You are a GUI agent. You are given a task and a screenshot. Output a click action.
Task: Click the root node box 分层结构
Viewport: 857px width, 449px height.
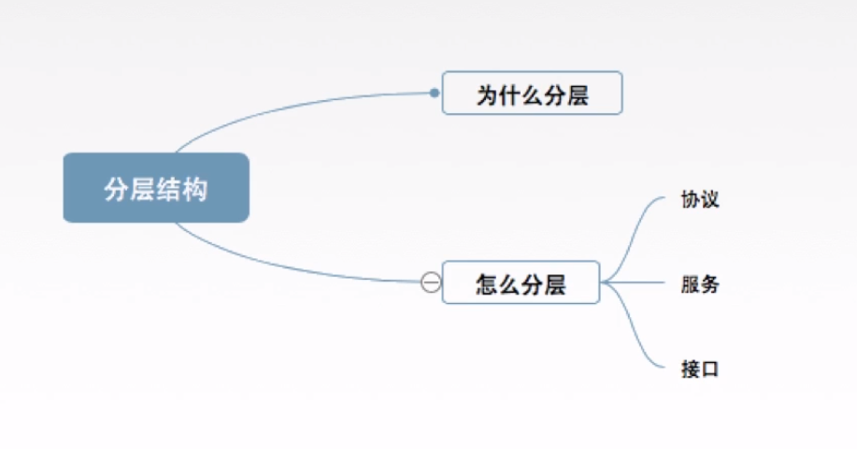[x=156, y=188]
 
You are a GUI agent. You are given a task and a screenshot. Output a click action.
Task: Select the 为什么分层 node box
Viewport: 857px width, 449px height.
[x=531, y=94]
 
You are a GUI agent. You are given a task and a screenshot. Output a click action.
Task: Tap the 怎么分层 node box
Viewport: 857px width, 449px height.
[x=521, y=282]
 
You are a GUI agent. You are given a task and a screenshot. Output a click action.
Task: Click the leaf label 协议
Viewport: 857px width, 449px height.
[x=700, y=200]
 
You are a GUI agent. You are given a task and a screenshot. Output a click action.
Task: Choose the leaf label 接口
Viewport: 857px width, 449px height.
[x=700, y=369]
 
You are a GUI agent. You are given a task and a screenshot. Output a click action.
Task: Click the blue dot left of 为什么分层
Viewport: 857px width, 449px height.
[x=434, y=93]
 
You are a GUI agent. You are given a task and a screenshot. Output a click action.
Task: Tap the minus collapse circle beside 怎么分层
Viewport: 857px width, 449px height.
[x=431, y=282]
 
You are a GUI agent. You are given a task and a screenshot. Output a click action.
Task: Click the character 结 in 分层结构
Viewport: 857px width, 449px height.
[x=169, y=189]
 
